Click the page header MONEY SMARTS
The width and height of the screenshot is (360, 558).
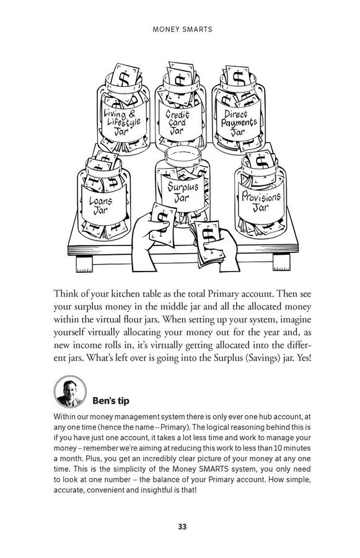[x=182, y=30]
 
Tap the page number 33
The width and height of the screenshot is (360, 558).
[x=182, y=526]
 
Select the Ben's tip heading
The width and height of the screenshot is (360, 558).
[x=111, y=401]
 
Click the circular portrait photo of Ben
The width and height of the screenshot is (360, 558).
[x=70, y=392]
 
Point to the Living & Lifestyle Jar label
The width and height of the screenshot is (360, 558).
[x=122, y=120]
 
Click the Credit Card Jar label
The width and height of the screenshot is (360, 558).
[x=177, y=122]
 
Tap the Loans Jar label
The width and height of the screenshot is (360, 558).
[x=102, y=205]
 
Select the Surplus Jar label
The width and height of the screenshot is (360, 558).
[x=183, y=192]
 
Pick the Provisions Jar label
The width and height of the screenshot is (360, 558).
[x=261, y=201]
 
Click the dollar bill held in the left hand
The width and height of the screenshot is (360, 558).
[x=162, y=224]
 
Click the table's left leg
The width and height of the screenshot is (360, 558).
[x=84, y=264]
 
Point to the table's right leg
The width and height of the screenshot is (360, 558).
[x=281, y=263]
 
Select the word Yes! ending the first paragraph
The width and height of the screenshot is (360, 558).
[x=304, y=358]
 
